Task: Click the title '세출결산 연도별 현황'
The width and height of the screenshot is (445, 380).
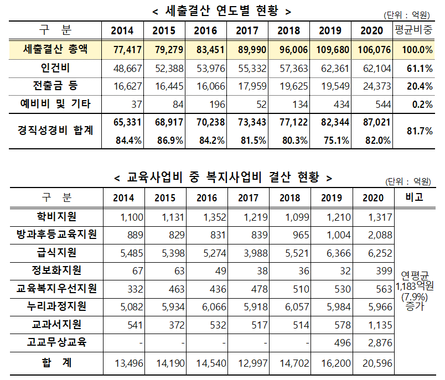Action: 221,11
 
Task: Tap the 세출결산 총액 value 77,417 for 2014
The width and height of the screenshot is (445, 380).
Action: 127,50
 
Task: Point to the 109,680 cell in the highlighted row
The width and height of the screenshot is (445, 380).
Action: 333,50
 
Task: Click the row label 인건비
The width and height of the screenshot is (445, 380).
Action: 55,68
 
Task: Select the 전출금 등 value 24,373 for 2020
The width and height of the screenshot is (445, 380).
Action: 376,86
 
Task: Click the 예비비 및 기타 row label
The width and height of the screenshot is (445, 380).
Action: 55,103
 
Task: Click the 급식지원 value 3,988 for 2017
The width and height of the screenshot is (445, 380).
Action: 253,253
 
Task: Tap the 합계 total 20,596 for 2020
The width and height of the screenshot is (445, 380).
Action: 376,363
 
